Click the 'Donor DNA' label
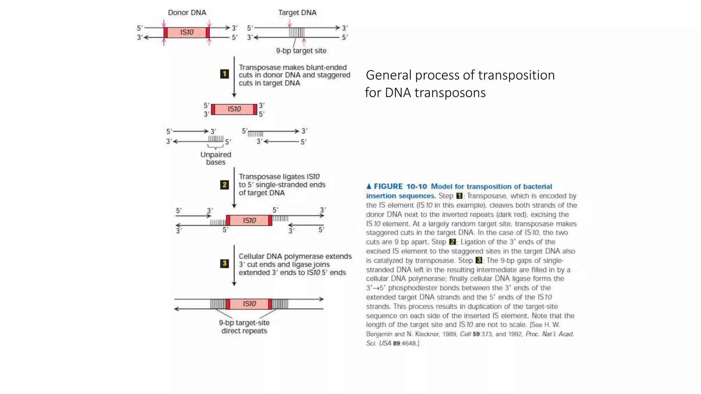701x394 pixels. pos(187,13)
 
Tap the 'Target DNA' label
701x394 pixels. pos(297,13)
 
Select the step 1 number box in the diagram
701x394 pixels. pos(225,74)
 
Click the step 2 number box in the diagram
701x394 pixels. pos(225,185)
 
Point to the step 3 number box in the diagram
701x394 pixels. pos(225,263)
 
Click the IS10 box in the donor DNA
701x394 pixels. pos(187,32)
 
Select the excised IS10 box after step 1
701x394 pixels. pos(234,109)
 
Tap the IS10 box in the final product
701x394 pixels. pos(249,304)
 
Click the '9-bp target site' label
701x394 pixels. pos(301,51)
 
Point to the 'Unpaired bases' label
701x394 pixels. pos(216,158)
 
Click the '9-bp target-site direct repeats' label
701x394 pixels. pos(244,327)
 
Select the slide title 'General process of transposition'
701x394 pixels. pos(460,75)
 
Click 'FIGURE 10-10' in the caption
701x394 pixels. pos(400,186)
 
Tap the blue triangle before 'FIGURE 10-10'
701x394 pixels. pos(369,186)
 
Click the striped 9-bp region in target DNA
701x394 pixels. pos(296,32)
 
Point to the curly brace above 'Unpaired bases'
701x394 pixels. pos(216,147)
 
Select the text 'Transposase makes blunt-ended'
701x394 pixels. pos(293,67)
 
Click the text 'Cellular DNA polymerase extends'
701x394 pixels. pos(295,256)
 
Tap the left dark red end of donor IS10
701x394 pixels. pos(166,32)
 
